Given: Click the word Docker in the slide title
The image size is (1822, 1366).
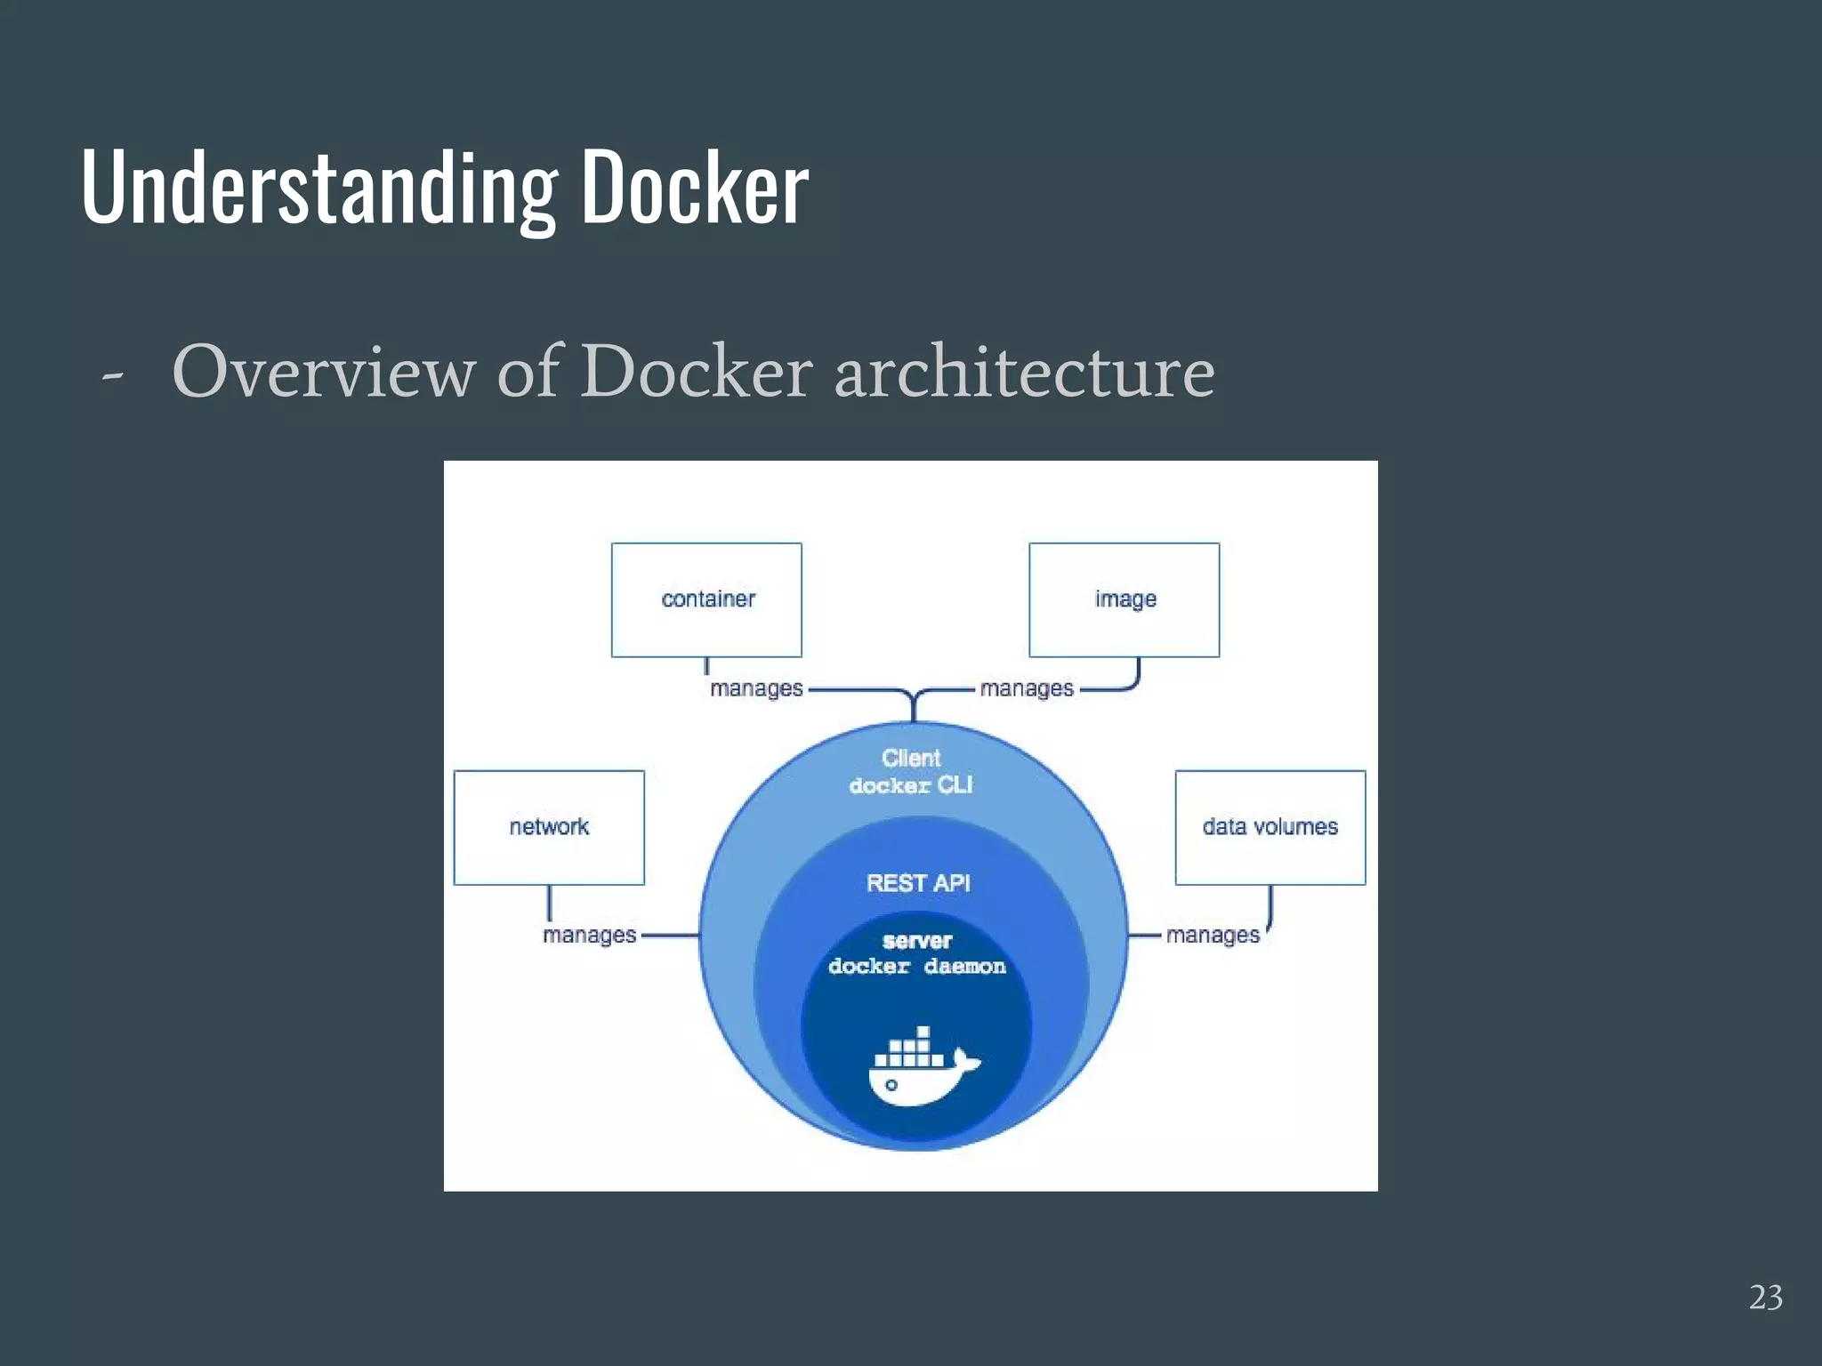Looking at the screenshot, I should (695, 186).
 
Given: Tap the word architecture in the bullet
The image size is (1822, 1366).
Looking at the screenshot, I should (1024, 372).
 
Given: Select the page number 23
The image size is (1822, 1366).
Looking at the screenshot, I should (1766, 1298).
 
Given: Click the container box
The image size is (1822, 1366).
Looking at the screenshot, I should (706, 599).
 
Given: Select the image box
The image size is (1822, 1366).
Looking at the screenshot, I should (1124, 599).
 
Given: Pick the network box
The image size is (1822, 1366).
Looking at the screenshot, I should (549, 827).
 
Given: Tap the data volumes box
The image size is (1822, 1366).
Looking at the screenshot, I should (1270, 827).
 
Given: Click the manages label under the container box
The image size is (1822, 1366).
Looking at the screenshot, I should (756, 688).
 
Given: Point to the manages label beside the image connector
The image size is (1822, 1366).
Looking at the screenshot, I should (1027, 688).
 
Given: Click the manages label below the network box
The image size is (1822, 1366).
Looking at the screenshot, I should (589, 936).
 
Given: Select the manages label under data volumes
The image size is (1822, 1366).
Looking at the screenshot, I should (1213, 936).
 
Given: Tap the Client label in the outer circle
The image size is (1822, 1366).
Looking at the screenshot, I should (911, 758).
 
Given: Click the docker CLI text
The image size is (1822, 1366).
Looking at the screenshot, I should (911, 785).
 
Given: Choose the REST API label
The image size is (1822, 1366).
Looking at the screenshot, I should (918, 883).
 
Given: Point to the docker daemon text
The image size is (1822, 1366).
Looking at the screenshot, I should (917, 967).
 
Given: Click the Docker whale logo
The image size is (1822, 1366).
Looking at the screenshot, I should (922, 1068).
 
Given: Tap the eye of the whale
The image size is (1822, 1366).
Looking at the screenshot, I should (891, 1085).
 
